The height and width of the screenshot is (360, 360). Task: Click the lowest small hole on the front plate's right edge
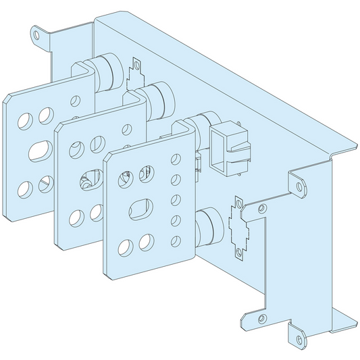coord(176,238)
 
